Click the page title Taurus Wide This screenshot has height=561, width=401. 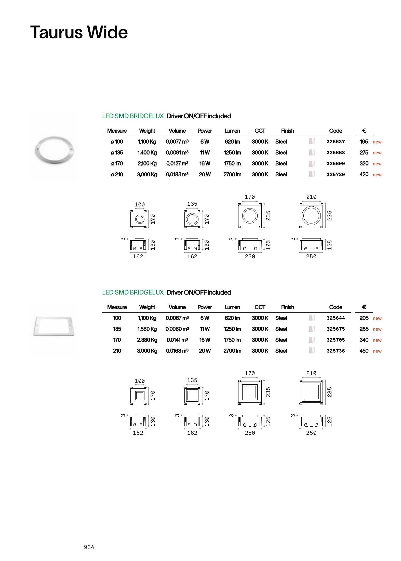(79, 32)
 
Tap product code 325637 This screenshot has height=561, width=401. (336, 142)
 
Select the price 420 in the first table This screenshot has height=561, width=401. (364, 174)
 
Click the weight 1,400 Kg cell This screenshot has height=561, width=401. (147, 153)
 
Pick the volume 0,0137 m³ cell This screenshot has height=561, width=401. (177, 163)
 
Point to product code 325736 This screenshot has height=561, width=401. (336, 351)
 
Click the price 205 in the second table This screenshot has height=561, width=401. (364, 318)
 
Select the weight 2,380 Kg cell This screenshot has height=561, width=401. (147, 340)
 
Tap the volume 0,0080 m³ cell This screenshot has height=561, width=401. (177, 329)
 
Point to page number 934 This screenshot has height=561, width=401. (89, 547)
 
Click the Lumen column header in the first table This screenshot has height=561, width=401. (232, 131)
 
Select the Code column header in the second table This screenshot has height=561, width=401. (336, 307)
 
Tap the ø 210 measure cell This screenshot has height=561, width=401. (117, 174)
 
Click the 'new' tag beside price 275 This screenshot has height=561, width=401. (377, 153)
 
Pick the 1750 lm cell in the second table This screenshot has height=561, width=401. (232, 340)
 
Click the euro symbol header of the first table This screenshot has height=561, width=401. (364, 131)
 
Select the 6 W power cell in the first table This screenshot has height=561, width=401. (205, 142)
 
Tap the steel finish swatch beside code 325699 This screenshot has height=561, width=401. (311, 163)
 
